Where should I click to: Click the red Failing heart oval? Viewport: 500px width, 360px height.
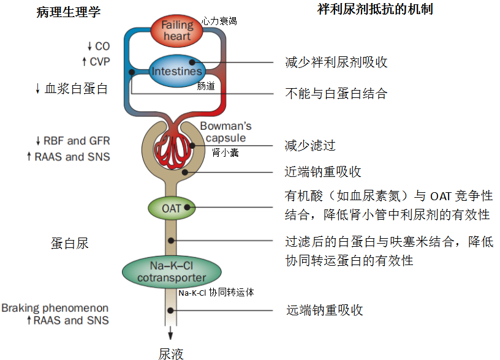[176, 31]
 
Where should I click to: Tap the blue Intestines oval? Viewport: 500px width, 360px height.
[176, 71]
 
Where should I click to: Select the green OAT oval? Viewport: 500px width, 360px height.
[172, 208]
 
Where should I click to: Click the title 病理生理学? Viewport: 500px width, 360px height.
[68, 11]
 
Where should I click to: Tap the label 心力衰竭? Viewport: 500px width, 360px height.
[219, 21]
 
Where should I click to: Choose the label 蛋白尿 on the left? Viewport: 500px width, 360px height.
[69, 243]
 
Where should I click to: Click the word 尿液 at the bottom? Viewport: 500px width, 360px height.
[171, 353]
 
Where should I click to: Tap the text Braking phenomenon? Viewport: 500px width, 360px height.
[55, 308]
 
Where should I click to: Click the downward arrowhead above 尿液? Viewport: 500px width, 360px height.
[170, 334]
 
